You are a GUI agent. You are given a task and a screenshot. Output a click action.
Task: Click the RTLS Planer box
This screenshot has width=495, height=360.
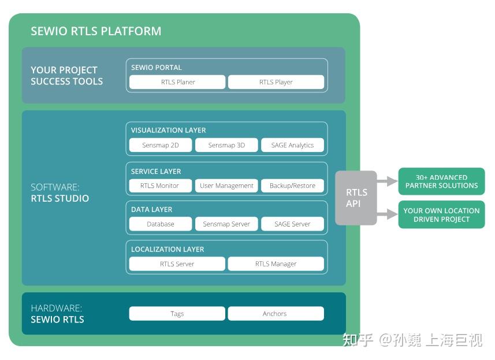[177, 82]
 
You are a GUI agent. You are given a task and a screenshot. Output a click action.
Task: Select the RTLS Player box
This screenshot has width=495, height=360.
[276, 82]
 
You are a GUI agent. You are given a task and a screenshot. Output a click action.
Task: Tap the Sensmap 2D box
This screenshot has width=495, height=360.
[160, 145]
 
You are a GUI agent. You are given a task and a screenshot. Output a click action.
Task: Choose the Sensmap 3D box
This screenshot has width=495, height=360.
[226, 145]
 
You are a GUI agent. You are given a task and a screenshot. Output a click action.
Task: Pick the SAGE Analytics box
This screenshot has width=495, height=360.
[292, 145]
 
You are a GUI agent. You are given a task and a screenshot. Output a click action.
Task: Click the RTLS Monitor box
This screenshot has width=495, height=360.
[160, 185]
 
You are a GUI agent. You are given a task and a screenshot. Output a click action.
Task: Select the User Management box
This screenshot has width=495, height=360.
[226, 185]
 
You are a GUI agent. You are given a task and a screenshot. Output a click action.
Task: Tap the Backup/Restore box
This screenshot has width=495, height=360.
[292, 185]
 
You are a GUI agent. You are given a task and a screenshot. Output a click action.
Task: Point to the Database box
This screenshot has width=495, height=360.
[160, 224]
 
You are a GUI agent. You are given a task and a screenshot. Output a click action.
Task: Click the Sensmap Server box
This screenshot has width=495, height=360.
[226, 224]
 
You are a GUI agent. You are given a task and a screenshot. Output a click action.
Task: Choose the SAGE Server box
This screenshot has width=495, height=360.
[292, 224]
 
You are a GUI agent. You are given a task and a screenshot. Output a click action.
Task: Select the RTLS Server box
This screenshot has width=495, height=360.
[177, 263]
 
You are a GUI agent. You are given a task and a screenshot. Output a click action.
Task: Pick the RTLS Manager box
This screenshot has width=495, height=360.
[276, 263]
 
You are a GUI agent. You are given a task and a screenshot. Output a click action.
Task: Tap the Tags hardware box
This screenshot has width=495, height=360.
[177, 314]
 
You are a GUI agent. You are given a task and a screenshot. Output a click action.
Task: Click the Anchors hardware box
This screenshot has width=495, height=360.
[276, 314]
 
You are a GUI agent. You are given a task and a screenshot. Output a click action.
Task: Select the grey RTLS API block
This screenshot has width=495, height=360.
[356, 198]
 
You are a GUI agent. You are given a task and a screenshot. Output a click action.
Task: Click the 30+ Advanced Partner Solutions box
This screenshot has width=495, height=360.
[441, 181]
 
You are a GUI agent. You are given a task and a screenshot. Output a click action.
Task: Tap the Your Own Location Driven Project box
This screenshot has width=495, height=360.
[441, 215]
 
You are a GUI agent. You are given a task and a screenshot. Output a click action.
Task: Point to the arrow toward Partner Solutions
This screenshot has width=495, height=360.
[387, 181]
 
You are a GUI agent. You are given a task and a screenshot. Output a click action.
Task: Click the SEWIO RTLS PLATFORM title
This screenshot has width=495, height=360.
[96, 31]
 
